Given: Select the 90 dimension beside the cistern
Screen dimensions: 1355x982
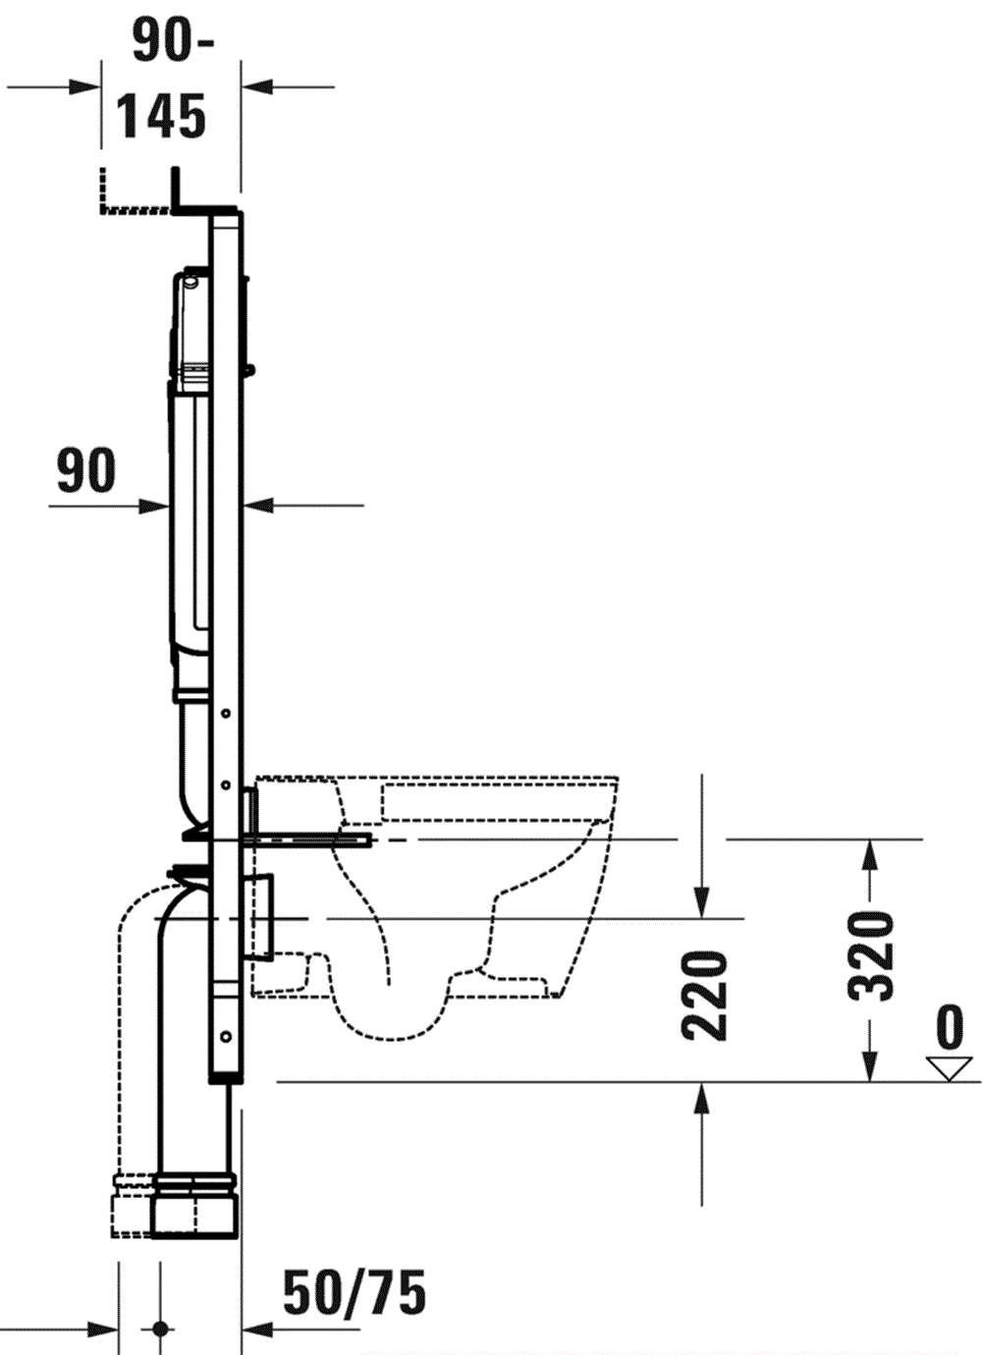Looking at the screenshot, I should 86,470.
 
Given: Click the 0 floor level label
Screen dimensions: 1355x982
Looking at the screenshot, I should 950,1027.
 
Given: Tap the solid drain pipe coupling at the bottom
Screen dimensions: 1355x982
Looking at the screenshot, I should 194,1204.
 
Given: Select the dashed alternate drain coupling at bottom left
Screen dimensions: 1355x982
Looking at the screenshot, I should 132,1204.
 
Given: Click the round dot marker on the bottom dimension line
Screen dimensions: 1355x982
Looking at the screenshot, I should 160,1329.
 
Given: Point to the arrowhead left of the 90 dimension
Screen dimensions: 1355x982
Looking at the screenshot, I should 152,507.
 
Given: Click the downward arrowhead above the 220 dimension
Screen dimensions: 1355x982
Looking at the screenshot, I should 701,899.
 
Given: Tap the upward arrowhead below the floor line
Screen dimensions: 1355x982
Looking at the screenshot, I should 701,1100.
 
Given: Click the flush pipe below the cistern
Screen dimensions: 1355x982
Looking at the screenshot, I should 194,756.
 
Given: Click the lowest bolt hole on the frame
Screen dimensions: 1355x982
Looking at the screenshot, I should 226,1035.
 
